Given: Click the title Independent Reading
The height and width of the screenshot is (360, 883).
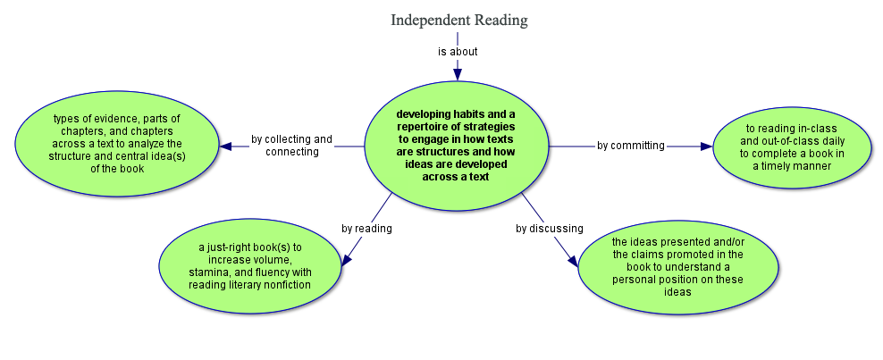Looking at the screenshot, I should coord(458,20).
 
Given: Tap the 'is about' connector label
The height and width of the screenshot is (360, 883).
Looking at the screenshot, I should coord(458,52).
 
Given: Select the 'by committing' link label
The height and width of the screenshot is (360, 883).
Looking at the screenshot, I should coord(630,146).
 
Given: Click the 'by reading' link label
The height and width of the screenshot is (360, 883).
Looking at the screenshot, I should coord(366,229).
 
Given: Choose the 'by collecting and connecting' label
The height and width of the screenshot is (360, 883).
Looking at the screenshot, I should coord(291,146).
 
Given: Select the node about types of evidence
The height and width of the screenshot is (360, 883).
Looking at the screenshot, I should coord(117,144).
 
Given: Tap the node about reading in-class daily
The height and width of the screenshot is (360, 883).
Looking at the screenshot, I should coord(793,147).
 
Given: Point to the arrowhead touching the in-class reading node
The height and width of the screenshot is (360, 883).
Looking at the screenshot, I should coord(705,147).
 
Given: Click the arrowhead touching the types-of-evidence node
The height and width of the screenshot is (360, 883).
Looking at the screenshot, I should coord(227,146).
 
